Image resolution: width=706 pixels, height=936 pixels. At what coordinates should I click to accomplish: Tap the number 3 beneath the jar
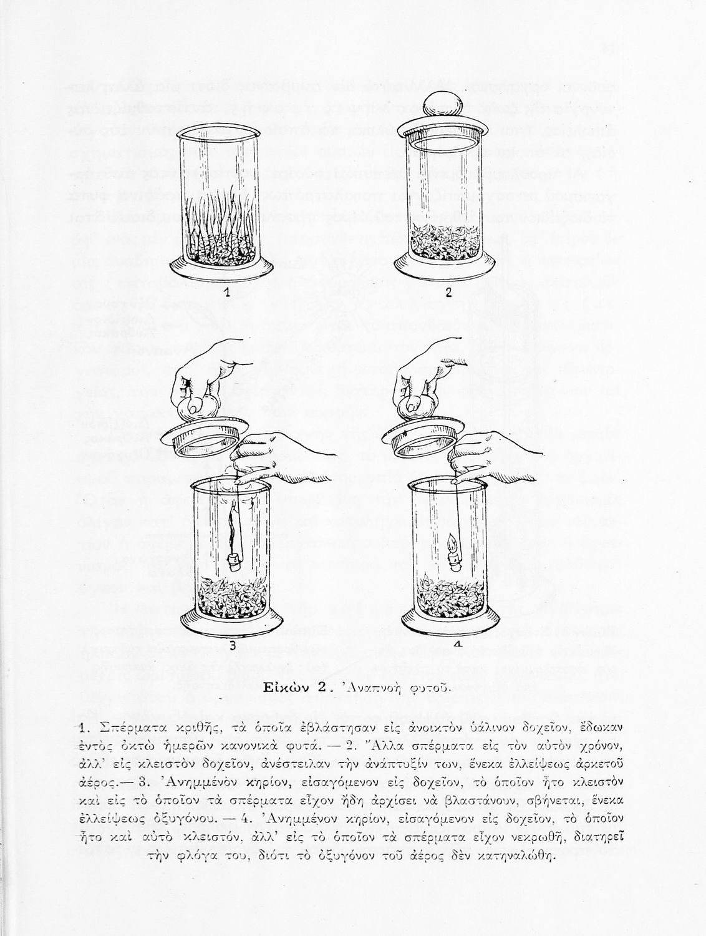(233, 646)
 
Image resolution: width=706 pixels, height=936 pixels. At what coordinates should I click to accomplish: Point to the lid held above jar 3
(203, 441)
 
